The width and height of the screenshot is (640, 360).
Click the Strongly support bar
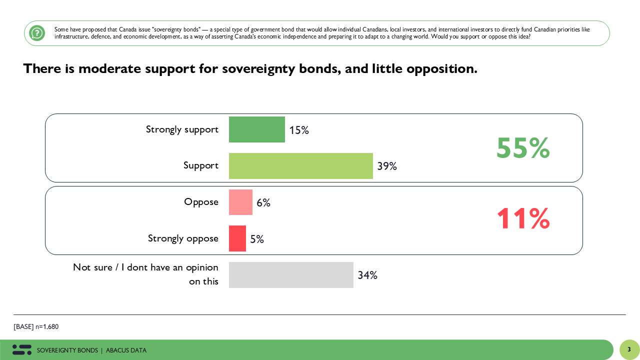point(256,129)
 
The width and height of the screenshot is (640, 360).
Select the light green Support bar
point(300,166)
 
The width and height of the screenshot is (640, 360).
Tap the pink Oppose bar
point(240,202)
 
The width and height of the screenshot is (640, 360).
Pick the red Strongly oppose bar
point(237,238)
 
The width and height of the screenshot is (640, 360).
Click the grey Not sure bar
point(291,275)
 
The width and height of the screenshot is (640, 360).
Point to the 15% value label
point(299,130)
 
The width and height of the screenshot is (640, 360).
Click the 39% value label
point(387,166)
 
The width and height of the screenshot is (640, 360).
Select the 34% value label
point(367,275)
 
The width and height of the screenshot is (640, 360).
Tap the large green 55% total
point(523,148)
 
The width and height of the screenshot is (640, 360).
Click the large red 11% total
point(523,219)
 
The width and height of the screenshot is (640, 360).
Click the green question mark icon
point(37,33)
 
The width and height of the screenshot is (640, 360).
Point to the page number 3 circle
point(629,349)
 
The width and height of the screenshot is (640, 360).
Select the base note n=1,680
point(36,326)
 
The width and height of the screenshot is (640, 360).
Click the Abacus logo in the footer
point(22,349)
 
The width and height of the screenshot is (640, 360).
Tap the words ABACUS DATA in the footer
point(126,350)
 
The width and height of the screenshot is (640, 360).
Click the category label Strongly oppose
point(183,238)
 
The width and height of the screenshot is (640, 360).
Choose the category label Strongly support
point(182,129)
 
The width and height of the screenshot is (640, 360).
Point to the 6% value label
point(263,203)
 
